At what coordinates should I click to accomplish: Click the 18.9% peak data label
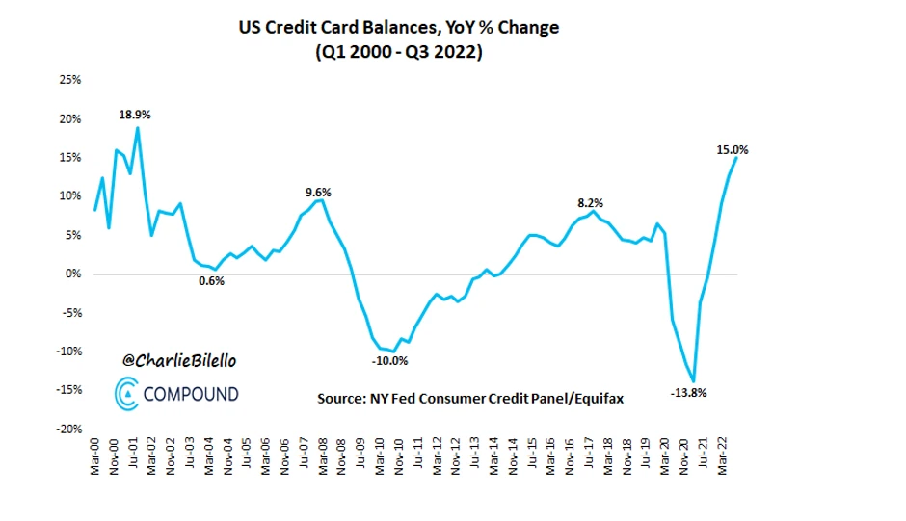[x=135, y=115]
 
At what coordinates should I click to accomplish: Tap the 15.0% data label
[x=733, y=149]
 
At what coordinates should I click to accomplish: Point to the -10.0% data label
[x=389, y=361]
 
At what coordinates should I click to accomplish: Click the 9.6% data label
[x=318, y=193]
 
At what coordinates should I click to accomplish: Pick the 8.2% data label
[x=590, y=202]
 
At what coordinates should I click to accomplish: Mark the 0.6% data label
[x=211, y=281]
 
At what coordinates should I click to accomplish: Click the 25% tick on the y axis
[x=68, y=80]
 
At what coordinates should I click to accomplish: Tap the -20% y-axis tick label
[x=67, y=429]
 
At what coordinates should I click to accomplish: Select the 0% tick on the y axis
[x=71, y=274]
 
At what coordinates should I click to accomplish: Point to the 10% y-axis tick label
[x=68, y=196]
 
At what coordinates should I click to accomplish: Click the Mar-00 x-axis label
[x=94, y=460]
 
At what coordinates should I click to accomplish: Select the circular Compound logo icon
[x=126, y=394]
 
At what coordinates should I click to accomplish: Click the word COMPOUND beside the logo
[x=191, y=394]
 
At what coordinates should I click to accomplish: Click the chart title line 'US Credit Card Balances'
[x=398, y=28]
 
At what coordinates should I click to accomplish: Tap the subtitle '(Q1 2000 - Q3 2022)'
[x=398, y=53]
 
